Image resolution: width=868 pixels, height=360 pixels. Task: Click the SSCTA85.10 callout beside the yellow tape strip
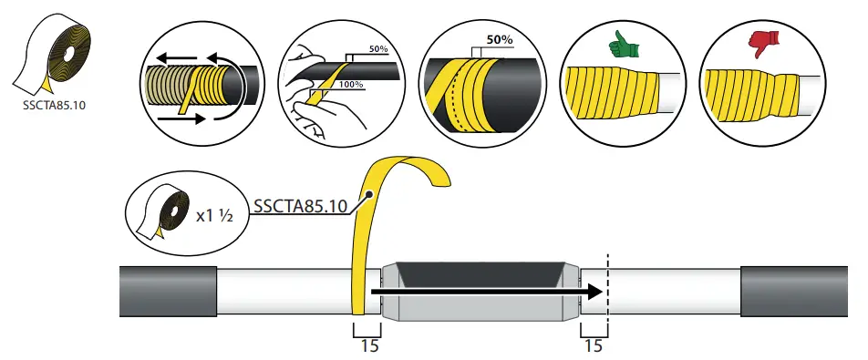[x=301, y=207]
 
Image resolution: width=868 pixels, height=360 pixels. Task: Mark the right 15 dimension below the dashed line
[x=593, y=345]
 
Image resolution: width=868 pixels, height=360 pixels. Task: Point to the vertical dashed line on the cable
[x=606, y=292]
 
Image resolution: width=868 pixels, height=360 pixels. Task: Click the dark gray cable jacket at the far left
[x=167, y=292]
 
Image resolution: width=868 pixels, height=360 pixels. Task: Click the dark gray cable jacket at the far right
[x=792, y=292]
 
